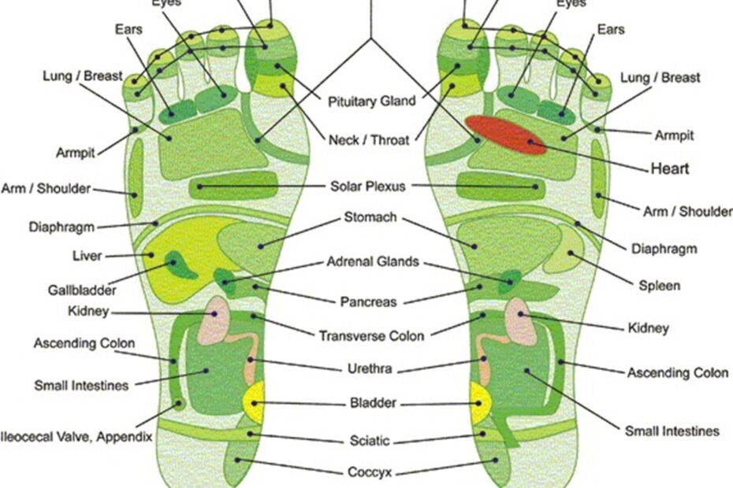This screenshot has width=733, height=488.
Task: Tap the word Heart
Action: tap(670, 168)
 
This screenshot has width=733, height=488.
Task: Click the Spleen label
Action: tap(660, 286)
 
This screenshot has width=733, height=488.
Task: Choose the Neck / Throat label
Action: tap(369, 140)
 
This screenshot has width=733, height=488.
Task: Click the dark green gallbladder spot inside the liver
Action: tap(182, 265)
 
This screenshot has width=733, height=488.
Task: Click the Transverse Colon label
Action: tap(371, 336)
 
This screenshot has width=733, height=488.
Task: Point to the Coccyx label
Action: tap(370, 472)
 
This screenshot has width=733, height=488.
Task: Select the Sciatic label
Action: tap(370, 440)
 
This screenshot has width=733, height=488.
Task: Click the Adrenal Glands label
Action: tap(374, 262)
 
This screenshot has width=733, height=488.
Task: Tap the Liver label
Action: tap(86, 256)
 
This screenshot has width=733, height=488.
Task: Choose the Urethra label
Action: tap(370, 368)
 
